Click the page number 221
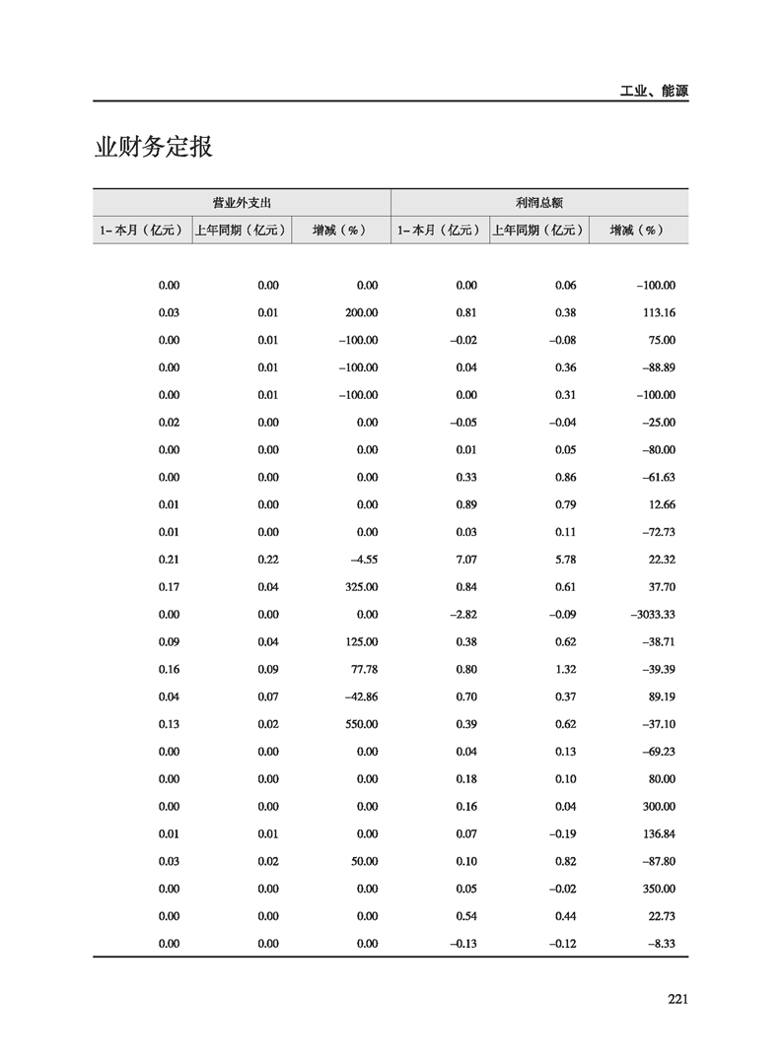677,999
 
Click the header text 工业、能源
654,91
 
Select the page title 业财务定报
154,148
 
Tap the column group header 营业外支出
243,202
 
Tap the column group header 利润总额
539,202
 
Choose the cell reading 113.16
657,313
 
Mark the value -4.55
362,560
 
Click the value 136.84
657,833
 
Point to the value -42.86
358,696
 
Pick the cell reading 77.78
362,669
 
